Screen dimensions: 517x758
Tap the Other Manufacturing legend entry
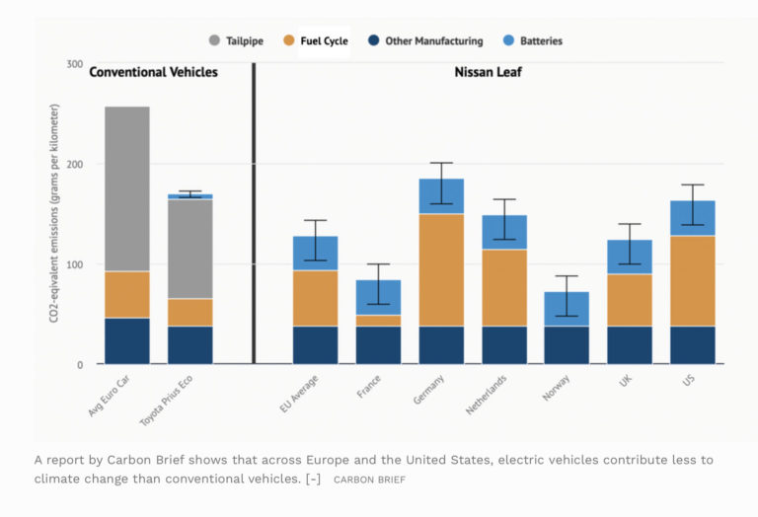click(424, 41)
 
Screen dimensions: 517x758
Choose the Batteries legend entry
click(532, 41)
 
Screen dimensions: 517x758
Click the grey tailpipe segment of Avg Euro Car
click(127, 188)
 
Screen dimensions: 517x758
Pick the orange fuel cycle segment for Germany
click(441, 269)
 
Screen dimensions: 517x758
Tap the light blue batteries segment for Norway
click(567, 309)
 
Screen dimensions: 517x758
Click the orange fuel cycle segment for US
click(692, 280)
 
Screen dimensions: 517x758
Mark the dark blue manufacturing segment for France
click(379, 345)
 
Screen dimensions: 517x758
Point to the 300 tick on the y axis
click(74, 64)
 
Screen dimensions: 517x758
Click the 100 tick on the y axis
click(74, 264)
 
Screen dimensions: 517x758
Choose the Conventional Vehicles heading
click(153, 72)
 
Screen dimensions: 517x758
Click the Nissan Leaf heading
click(489, 72)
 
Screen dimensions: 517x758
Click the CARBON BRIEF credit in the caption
click(369, 480)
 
